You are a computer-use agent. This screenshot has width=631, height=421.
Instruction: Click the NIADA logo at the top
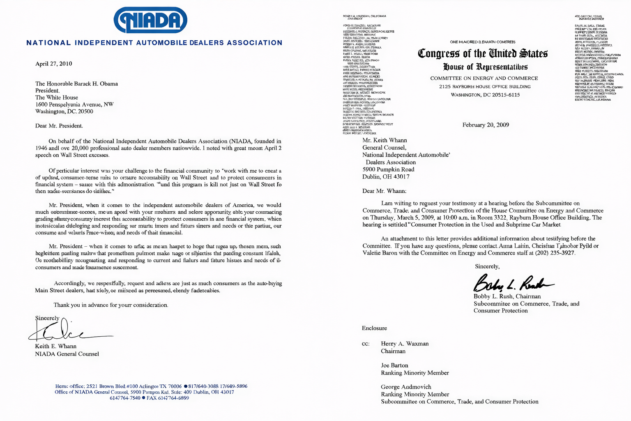pyautogui.click(x=150, y=20)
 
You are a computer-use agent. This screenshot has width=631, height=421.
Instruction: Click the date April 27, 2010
pyautogui.click(x=53, y=64)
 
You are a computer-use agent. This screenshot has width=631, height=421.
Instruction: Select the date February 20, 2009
pyautogui.click(x=486, y=125)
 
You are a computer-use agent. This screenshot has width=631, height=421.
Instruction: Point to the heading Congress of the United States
pyautogui.click(x=482, y=53)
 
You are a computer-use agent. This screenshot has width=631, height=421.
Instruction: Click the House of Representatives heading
pyautogui.click(x=485, y=67)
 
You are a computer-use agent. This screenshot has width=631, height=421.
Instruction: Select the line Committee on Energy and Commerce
pyautogui.click(x=484, y=79)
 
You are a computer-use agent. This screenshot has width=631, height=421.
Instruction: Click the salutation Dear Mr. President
pyautogui.click(x=59, y=126)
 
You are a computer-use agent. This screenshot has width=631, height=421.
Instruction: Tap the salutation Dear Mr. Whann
pyautogui.click(x=384, y=191)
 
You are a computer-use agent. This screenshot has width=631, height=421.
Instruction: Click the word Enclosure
pyautogui.click(x=374, y=328)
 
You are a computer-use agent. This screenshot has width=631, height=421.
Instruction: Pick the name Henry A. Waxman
pyautogui.click(x=405, y=344)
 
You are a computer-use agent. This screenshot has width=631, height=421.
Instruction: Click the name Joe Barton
pyautogui.click(x=394, y=365)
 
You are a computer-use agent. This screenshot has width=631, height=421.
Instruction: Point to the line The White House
pyautogui.click(x=57, y=97)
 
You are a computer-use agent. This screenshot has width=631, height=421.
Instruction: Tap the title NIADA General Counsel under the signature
pyautogui.click(x=67, y=354)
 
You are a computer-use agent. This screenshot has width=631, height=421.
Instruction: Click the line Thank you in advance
pyautogui.click(x=111, y=305)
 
